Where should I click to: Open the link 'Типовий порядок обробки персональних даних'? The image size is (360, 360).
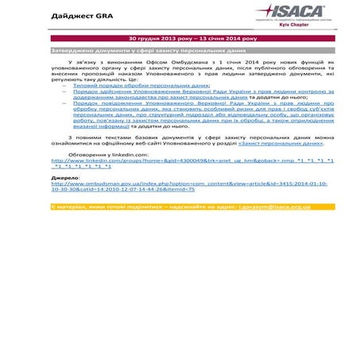141,84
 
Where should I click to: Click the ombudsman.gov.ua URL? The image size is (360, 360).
183,187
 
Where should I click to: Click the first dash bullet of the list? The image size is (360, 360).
64,84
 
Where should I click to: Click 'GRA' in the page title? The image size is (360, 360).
104,16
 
